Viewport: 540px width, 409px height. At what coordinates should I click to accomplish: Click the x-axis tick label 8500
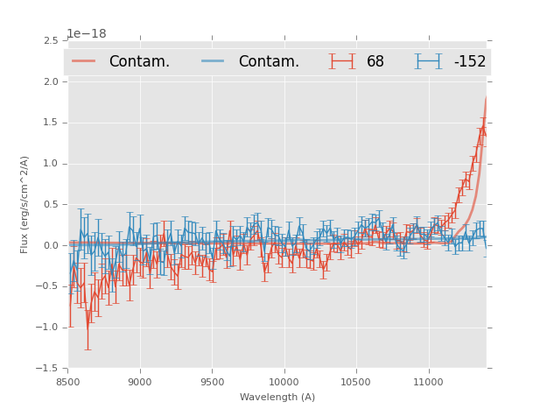(68, 382)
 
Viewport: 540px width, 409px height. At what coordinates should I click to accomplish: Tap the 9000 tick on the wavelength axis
(140, 382)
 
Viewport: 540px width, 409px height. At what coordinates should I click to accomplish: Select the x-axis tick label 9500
(212, 382)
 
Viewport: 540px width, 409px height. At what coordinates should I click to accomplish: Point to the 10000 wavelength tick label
(284, 382)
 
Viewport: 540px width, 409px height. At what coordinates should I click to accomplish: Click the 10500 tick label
(355, 382)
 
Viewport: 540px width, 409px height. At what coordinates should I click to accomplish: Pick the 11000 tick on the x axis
(428, 382)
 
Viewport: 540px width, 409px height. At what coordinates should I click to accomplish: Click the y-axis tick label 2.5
(50, 41)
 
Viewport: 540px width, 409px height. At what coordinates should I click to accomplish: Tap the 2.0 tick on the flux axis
(50, 82)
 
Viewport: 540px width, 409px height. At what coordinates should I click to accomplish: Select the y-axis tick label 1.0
(50, 164)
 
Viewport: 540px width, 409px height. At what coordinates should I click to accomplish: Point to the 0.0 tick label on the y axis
(50, 246)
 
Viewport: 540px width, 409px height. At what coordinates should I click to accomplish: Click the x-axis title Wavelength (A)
(277, 397)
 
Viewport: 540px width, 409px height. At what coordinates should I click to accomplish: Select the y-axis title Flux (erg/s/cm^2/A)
(25, 204)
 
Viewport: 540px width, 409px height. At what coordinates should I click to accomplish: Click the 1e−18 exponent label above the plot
(87, 34)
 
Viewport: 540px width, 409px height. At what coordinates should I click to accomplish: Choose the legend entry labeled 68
(375, 62)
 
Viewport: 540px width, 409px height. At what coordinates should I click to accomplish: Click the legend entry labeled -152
(469, 62)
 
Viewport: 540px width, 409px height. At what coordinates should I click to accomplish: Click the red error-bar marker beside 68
(342, 61)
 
